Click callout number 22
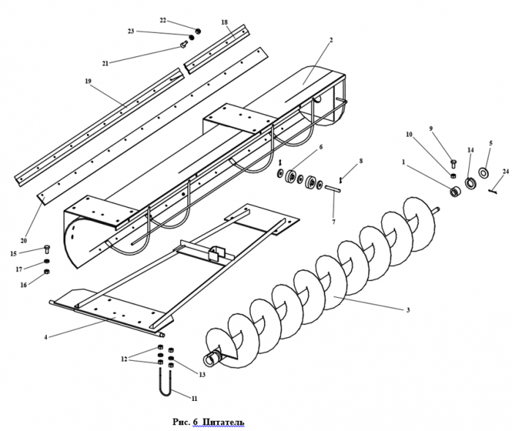(162, 20)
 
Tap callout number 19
(88, 82)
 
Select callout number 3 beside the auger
(407, 310)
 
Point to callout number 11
(195, 399)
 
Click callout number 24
(505, 172)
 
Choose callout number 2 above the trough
(331, 40)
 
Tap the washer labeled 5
(483, 173)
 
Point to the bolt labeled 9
(452, 162)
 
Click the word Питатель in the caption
(224, 422)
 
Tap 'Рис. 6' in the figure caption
(186, 422)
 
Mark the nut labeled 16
(47, 273)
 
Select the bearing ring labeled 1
(454, 192)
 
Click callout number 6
(320, 147)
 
